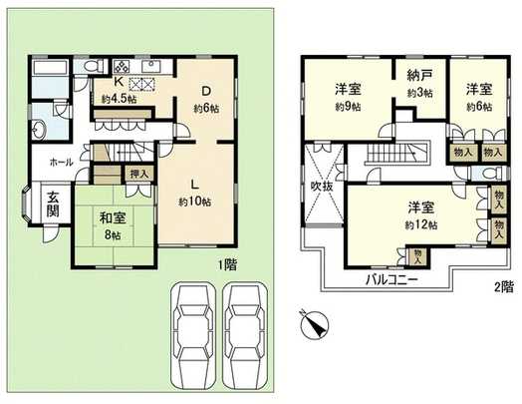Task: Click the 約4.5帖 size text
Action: pyautogui.click(x=119, y=100)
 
